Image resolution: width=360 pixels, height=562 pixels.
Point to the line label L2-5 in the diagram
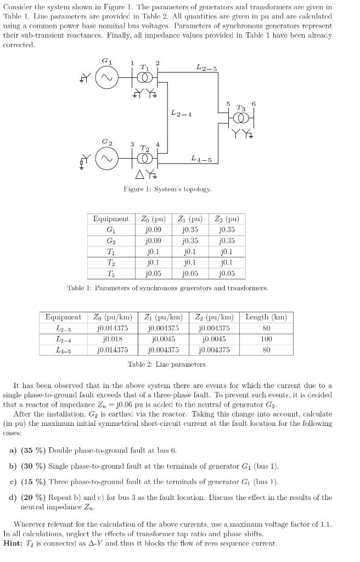[x=206, y=68]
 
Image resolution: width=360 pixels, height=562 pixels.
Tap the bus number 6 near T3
[x=253, y=104]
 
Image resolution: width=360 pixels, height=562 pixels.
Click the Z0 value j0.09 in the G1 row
[x=153, y=230]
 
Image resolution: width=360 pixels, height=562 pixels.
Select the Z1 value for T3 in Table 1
[x=190, y=274]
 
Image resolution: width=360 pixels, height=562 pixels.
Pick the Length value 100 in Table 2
[x=266, y=339]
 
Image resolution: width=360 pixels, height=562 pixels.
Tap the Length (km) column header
[x=266, y=317]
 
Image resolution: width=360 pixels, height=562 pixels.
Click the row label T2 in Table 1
[x=111, y=263]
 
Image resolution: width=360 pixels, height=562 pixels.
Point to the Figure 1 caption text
[x=167, y=189]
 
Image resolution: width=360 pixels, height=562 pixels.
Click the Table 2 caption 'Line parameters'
[x=167, y=364]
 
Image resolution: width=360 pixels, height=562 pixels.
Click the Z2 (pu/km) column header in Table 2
[x=215, y=317]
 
